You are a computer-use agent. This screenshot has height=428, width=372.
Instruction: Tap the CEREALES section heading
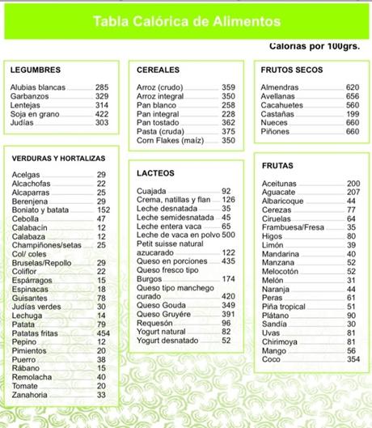[x=157, y=70]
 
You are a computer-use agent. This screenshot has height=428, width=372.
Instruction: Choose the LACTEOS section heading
[x=156, y=173]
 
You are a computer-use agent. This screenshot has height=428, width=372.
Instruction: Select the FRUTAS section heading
[x=277, y=165]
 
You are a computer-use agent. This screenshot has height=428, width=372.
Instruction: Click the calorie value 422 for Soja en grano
[x=102, y=114]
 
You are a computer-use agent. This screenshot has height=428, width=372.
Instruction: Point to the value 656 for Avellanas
[x=352, y=96]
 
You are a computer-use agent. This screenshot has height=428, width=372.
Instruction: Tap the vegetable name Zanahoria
[x=31, y=395]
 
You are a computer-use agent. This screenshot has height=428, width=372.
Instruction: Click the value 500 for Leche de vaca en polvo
[x=228, y=235]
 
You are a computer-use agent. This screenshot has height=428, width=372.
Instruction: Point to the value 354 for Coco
[x=353, y=358]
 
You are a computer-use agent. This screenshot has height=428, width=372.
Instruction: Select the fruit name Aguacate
[x=278, y=193]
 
